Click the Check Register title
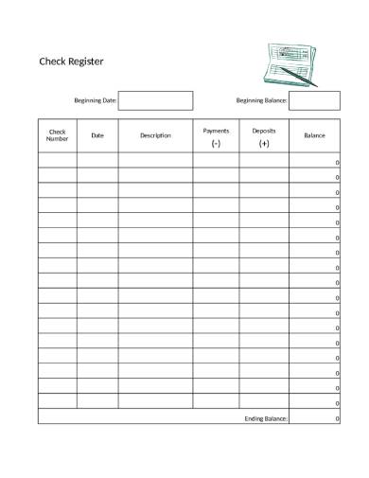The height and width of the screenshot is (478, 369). (x=71, y=62)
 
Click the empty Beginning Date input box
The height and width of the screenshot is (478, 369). (x=155, y=100)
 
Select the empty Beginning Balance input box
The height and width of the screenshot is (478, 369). (x=314, y=100)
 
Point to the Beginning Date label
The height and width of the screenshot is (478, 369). (x=96, y=100)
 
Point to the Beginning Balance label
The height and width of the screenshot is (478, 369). (x=261, y=100)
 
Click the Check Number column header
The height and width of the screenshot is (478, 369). (x=58, y=135)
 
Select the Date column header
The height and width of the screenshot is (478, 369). (x=97, y=135)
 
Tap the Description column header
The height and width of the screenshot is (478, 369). (x=155, y=135)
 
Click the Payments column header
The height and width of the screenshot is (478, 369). (x=216, y=130)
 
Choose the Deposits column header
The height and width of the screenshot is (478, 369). (x=264, y=130)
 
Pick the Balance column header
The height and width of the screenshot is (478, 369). (x=314, y=135)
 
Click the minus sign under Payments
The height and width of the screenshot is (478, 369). (x=216, y=144)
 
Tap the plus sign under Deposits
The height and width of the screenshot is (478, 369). (x=264, y=144)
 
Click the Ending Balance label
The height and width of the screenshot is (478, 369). (x=266, y=417)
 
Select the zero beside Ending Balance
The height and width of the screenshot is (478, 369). (x=337, y=417)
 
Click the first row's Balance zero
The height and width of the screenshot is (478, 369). (x=337, y=163)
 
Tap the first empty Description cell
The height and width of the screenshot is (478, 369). (x=155, y=161)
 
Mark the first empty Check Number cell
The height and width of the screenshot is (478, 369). (x=58, y=161)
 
